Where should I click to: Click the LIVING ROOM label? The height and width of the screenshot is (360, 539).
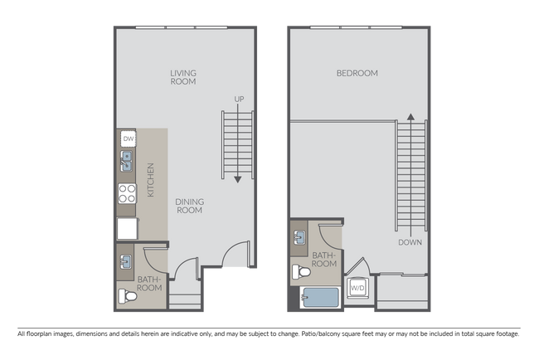[182, 77]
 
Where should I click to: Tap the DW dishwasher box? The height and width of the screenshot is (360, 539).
[128, 139]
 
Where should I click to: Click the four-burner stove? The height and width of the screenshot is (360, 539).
[127, 194]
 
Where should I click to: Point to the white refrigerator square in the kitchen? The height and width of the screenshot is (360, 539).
[128, 227]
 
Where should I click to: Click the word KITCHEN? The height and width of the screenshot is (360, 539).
[150, 180]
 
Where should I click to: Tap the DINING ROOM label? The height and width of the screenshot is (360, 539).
[190, 206]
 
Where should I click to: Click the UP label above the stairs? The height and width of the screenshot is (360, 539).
[239, 100]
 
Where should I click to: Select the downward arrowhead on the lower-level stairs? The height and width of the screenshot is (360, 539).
[238, 178]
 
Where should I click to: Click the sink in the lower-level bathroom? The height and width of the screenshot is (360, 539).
[127, 264]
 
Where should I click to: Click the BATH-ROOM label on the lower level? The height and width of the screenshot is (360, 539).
[150, 284]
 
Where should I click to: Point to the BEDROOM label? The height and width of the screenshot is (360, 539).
[357, 73]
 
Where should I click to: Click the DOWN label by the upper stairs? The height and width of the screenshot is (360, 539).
[410, 243]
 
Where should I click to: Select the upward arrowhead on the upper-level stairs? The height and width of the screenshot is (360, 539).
[410, 117]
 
